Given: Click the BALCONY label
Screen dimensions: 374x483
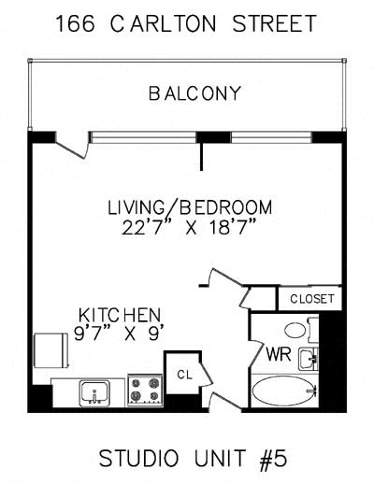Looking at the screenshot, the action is click(194, 93).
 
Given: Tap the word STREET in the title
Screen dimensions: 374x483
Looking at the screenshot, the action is click(275, 23).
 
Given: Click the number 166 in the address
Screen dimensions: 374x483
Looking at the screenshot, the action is click(75, 23).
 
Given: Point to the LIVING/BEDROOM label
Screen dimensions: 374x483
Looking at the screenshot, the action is click(190, 208).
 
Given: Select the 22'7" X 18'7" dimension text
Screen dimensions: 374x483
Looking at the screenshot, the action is click(189, 227).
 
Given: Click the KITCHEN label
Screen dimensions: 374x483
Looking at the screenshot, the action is click(120, 315).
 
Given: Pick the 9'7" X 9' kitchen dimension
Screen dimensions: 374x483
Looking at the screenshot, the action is click(119, 333).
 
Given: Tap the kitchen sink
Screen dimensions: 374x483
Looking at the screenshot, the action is click(94, 392).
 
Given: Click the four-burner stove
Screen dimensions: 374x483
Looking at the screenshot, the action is click(145, 391).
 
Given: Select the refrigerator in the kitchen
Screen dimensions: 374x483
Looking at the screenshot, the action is click(51, 350).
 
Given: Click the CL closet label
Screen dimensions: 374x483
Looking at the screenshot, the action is click(184, 375).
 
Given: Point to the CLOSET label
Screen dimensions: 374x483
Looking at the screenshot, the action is click(311, 299).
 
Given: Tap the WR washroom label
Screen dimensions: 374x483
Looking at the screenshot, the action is click(279, 354).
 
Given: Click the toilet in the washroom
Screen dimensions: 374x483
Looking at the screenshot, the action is click(301, 330).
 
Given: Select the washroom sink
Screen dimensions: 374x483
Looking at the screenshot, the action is click(309, 359).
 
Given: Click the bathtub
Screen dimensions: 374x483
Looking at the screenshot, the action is click(284, 391).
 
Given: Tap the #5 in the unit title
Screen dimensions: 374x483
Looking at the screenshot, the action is click(273, 458).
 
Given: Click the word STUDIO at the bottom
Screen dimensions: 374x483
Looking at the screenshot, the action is click(139, 458).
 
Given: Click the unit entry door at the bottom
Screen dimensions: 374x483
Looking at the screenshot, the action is click(225, 401).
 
